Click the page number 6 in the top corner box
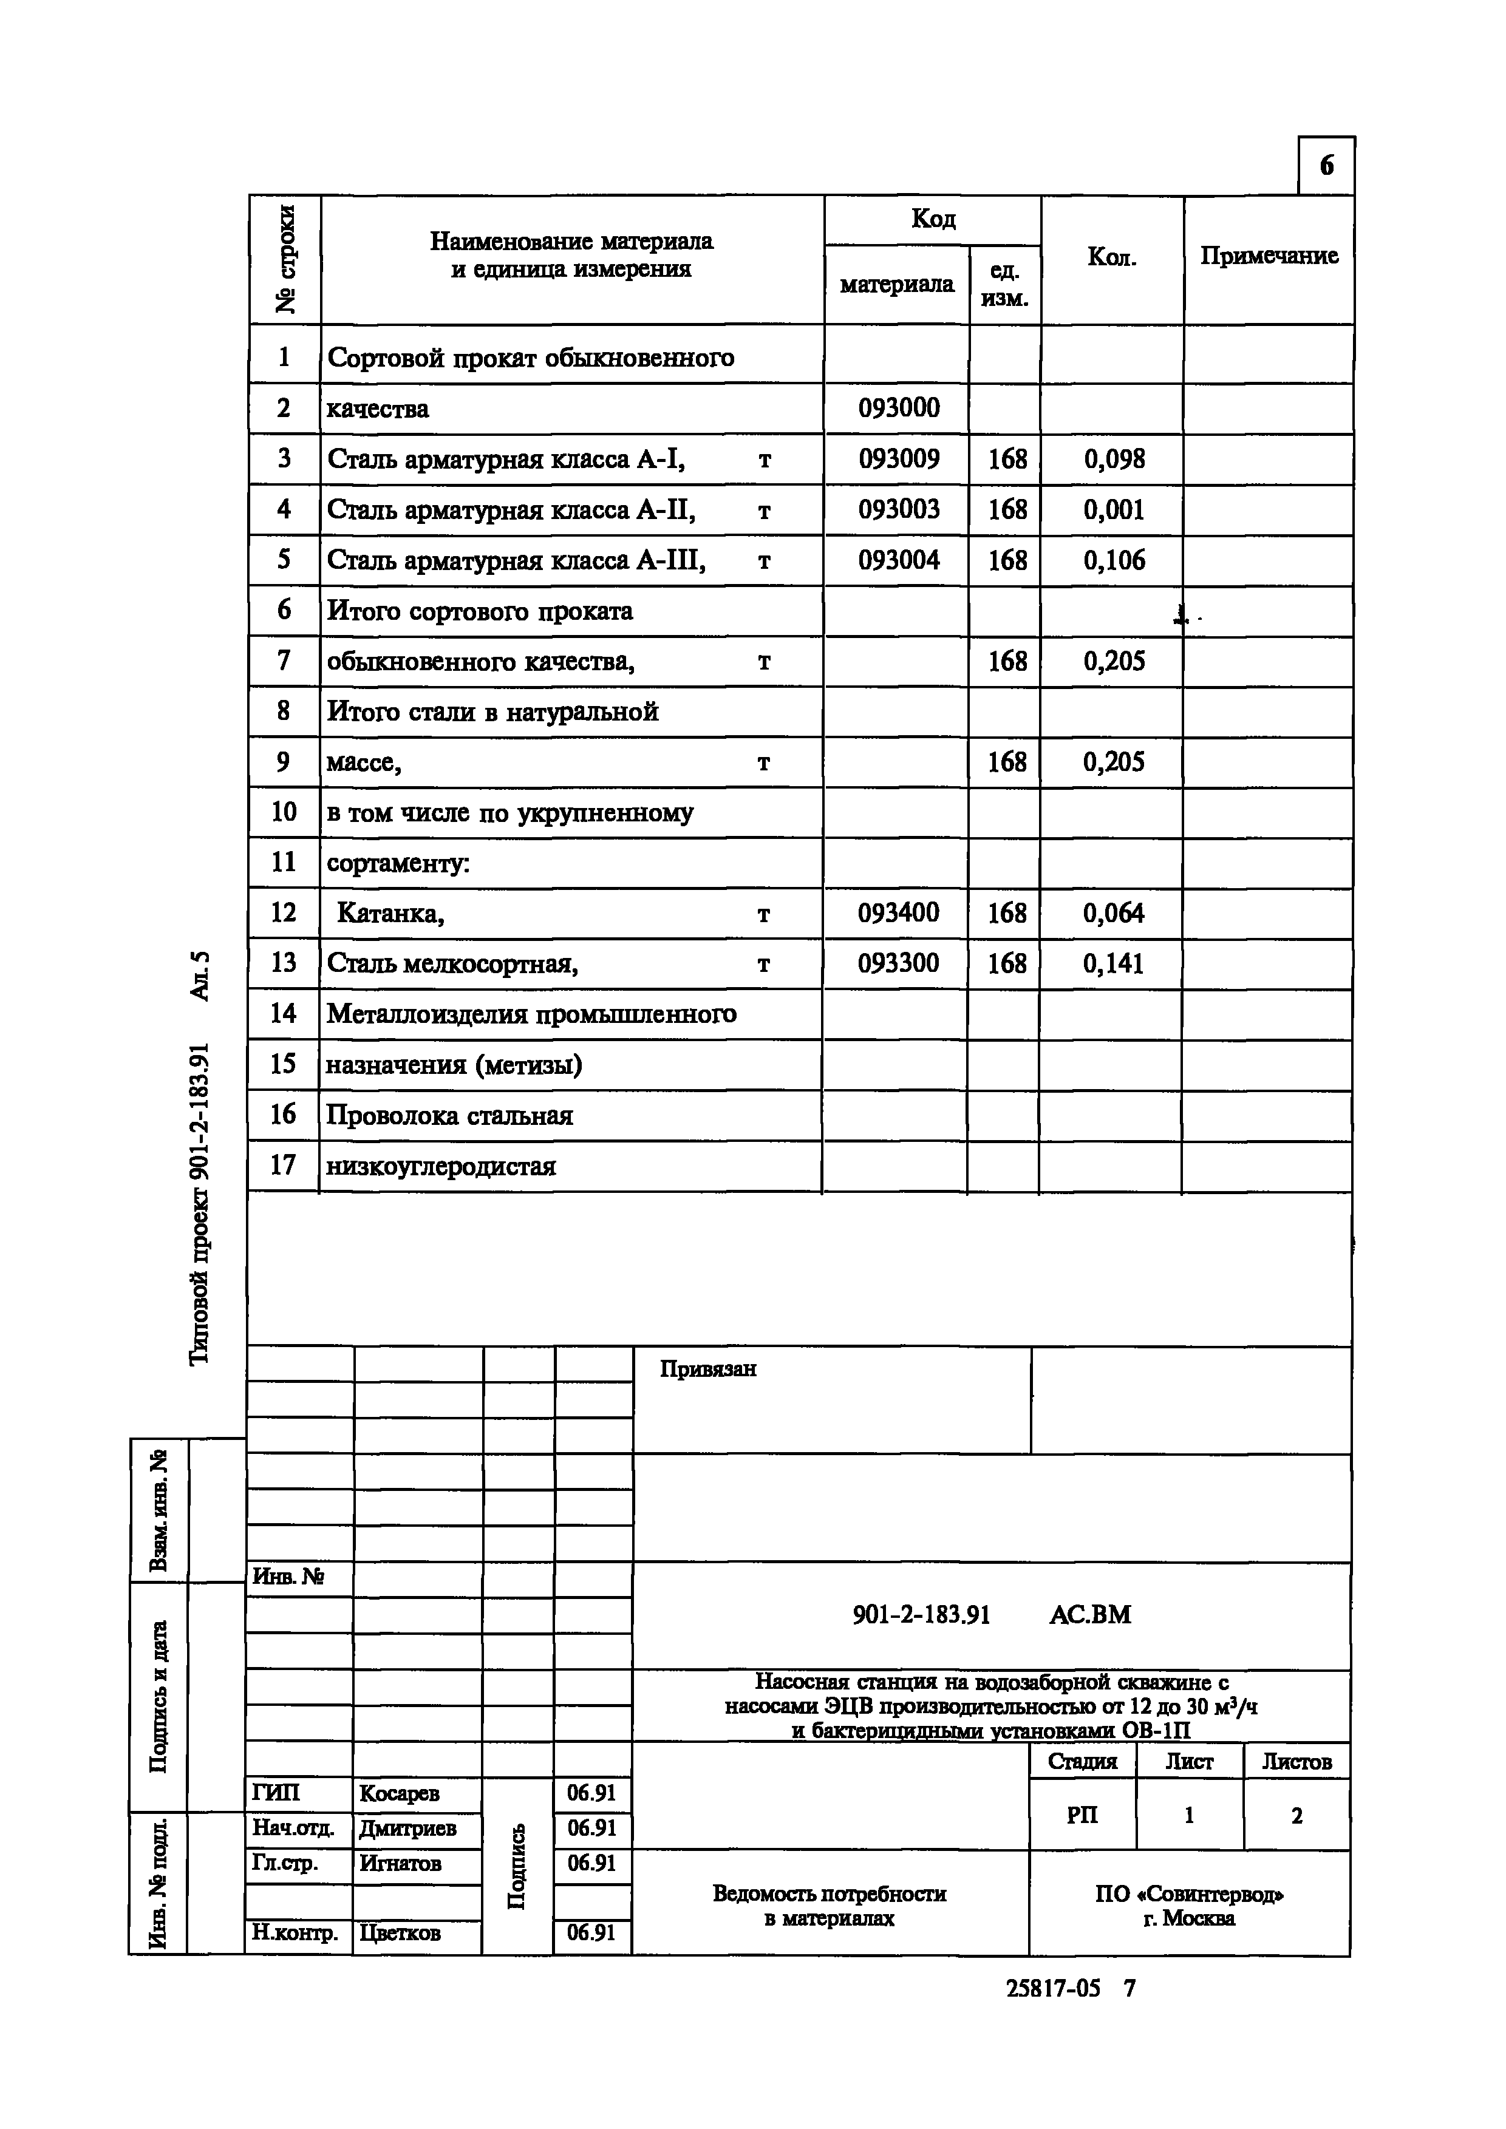click(1326, 166)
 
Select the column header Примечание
click(1269, 256)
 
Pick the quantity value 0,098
click(1114, 459)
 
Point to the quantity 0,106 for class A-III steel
click(1114, 560)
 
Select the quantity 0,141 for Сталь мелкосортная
click(1113, 965)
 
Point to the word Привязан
click(707, 1370)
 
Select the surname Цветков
click(400, 1934)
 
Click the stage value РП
click(1082, 1816)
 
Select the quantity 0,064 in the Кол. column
click(1113, 914)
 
